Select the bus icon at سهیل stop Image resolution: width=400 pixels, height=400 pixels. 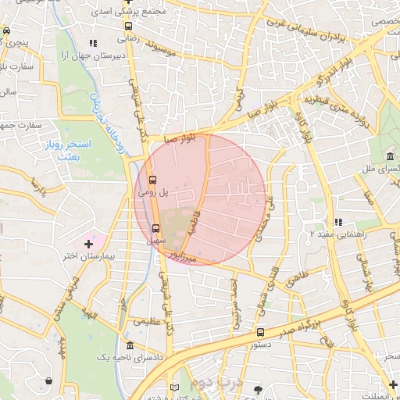coord(155,229)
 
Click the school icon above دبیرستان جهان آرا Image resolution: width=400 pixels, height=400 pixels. coord(93,44)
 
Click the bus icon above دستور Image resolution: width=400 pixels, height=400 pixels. coord(260,332)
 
